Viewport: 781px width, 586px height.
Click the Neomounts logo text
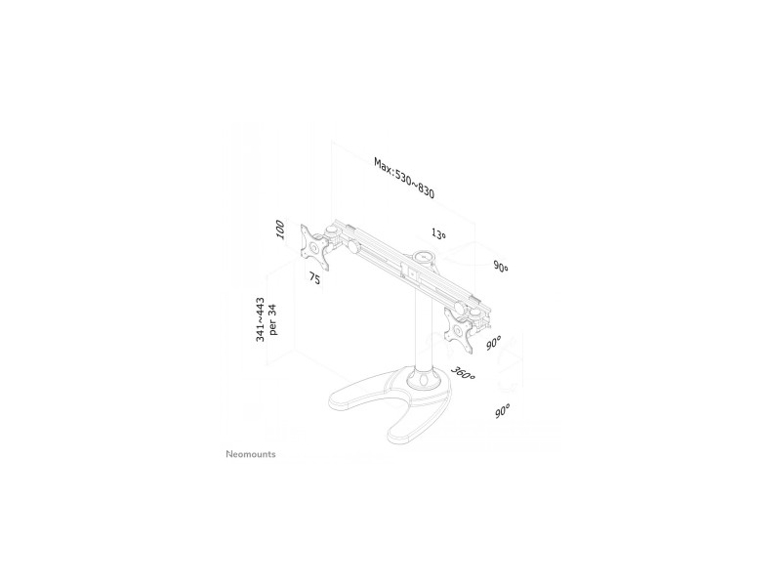pos(251,454)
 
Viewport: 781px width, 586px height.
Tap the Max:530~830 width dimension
pos(404,178)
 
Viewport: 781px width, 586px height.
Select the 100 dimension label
pos(280,230)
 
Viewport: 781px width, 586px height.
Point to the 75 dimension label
pos(314,278)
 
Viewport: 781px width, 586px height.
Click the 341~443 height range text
pos(260,320)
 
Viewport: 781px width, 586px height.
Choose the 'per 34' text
pos(272,320)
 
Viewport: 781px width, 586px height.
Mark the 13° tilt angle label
pos(438,233)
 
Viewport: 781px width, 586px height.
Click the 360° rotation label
pos(463,373)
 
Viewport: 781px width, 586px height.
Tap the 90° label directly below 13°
pos(501,266)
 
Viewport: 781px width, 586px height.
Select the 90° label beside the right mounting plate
pos(494,343)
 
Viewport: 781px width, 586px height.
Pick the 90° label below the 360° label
pos(503,411)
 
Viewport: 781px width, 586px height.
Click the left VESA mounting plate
pos(314,248)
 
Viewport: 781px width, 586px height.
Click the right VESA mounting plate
pos(459,331)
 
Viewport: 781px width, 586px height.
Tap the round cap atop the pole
pos(424,258)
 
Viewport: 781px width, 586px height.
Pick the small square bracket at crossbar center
pos(412,273)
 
